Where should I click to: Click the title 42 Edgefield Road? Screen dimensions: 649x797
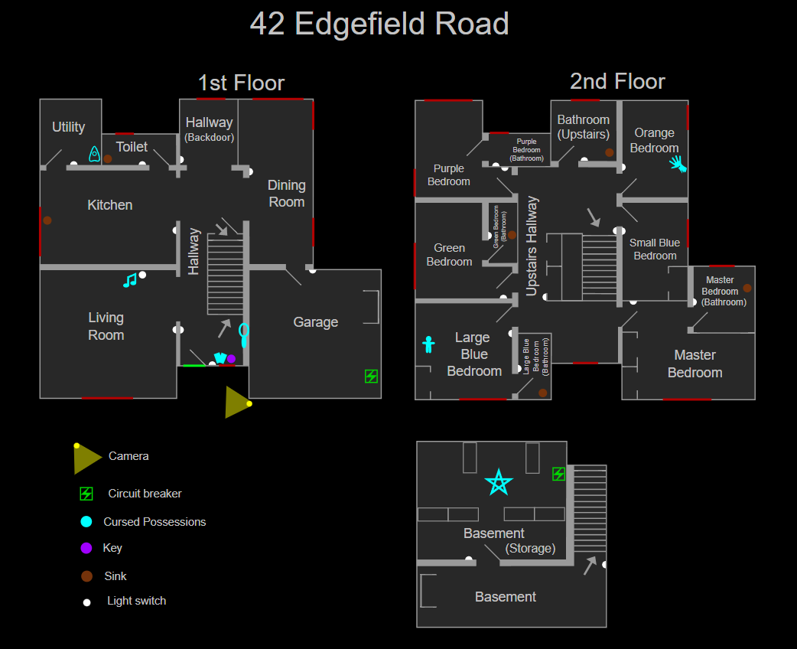coord(379,24)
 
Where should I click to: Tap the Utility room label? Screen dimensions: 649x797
coord(68,127)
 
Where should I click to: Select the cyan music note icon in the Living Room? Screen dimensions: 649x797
coord(130,280)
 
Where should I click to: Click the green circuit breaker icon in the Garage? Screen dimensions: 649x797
coord(371,376)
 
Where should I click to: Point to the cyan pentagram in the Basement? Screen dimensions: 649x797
coord(499,483)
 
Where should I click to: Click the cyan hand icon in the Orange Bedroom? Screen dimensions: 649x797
coord(678,163)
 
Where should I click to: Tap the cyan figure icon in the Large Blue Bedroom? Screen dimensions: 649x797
coord(428,344)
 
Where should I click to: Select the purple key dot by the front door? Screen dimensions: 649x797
coord(231,359)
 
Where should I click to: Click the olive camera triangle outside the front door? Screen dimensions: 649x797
coord(236,403)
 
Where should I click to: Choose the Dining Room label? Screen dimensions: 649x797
coord(287,194)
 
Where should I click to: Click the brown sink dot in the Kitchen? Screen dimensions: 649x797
coord(47,220)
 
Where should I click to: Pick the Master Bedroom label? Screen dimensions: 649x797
coord(695,364)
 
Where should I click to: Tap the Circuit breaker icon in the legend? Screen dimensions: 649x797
coord(86,494)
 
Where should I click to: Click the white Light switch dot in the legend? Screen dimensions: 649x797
coord(86,602)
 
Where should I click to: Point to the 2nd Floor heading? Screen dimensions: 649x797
coord(617,81)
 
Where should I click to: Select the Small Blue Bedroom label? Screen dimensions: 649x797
coord(655,249)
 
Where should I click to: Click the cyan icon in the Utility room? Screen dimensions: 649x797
coord(94,154)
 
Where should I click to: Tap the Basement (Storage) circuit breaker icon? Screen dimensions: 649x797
coord(558,474)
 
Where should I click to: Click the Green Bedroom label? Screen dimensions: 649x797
coord(449,255)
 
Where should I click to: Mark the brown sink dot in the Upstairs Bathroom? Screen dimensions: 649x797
coord(610,152)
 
